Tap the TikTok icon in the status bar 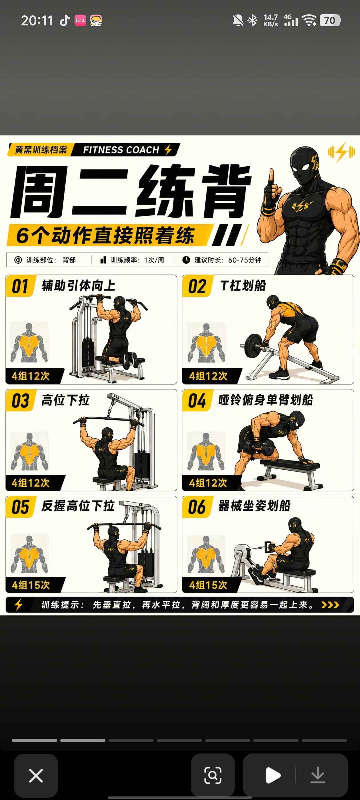[65, 21]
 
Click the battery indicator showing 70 [330, 21]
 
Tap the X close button [36, 775]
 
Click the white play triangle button [273, 775]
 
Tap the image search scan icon [213, 775]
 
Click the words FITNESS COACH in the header [121, 150]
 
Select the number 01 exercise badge [20, 286]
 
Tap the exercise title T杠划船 [243, 286]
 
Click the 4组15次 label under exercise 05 [31, 585]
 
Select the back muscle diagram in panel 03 [29, 451]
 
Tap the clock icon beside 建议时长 [186, 260]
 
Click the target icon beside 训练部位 [18, 260]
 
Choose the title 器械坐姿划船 [254, 506]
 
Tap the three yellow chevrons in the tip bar [330, 605]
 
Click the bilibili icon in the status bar [80, 21]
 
